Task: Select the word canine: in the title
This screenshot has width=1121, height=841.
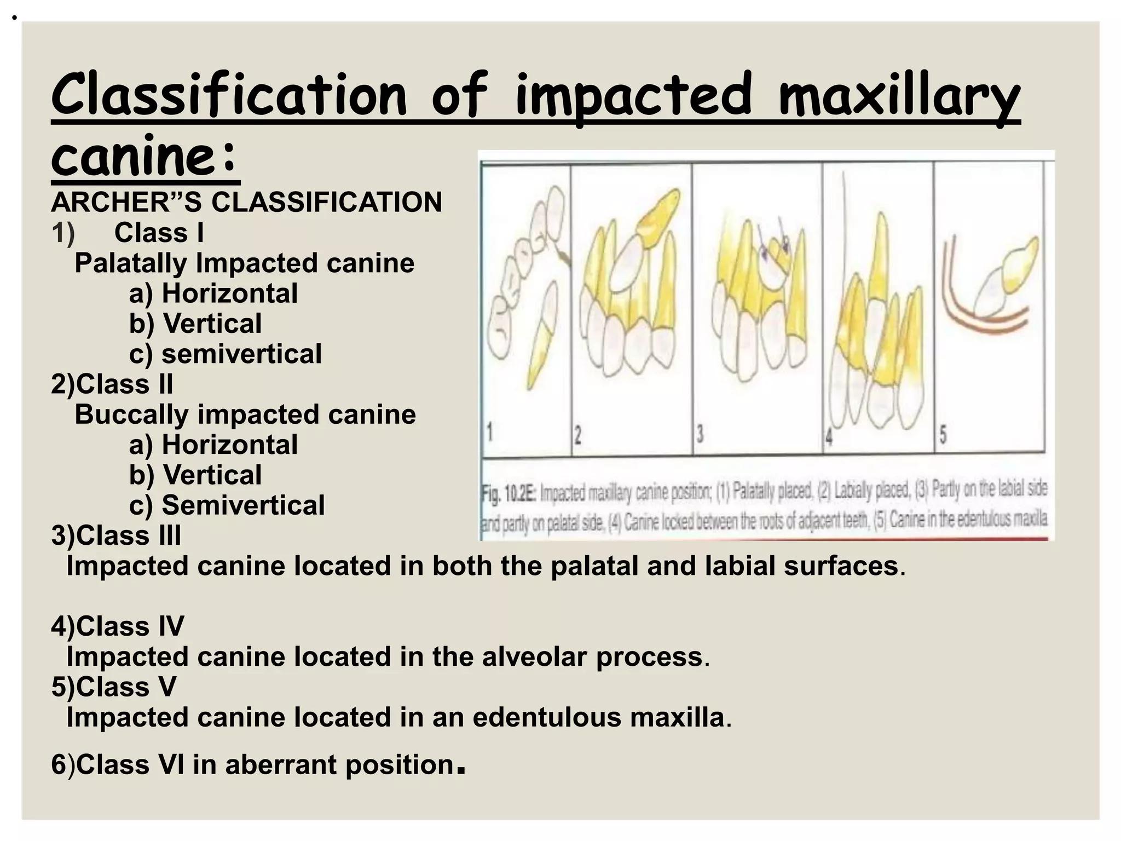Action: point(145,157)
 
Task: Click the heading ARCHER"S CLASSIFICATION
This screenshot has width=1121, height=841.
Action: point(246,202)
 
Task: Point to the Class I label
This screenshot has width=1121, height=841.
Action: point(159,233)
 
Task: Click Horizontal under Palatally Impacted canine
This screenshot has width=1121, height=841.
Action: point(229,293)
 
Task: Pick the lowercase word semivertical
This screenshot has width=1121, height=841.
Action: point(241,354)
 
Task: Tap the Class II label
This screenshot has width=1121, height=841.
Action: point(124,384)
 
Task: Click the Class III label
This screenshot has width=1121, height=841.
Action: point(128,535)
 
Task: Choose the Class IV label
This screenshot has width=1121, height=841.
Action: point(130,626)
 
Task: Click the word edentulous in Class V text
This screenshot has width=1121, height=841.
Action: point(547,717)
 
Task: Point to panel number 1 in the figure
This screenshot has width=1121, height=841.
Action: point(490,434)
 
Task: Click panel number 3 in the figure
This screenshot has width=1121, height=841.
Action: point(700,435)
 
